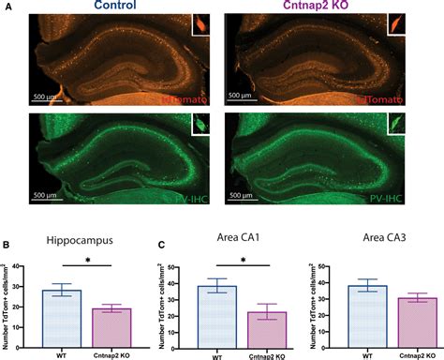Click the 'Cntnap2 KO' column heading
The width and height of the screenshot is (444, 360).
pos(313,7)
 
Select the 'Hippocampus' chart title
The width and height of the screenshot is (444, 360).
pos(79,239)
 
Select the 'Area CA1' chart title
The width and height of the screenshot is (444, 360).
pos(223,239)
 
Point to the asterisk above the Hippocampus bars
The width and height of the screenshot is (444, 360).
pos(86,260)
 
